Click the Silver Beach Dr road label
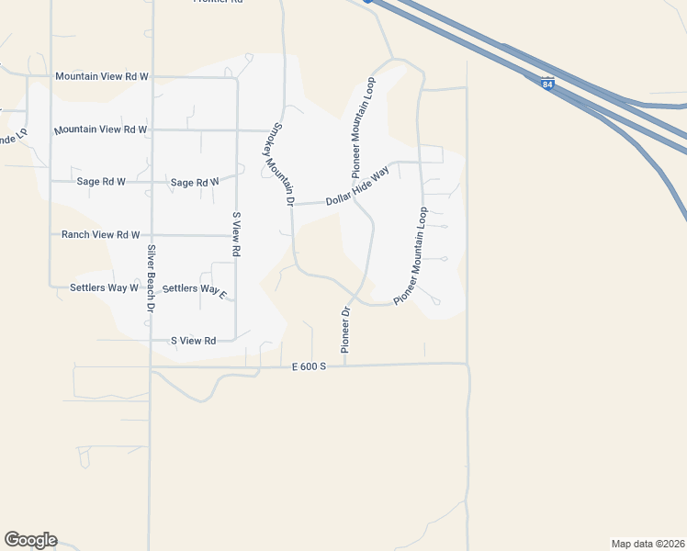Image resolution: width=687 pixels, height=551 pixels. [149, 278]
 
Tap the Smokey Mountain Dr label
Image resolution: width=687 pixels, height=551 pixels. [283, 164]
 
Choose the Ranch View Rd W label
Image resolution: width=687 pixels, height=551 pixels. [100, 235]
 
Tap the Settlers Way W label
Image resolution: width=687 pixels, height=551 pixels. [104, 287]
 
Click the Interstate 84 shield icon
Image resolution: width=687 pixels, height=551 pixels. [547, 84]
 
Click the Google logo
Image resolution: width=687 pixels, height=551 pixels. [30, 540]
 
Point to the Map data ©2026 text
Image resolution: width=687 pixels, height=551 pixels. [648, 544]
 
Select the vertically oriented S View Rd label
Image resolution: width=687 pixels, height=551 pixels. [236, 233]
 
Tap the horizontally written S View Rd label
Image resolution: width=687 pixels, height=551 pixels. [193, 341]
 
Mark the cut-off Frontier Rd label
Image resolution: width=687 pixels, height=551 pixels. [217, 2]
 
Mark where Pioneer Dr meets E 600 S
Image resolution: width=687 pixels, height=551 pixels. [344, 365]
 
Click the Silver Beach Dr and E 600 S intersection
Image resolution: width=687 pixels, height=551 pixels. [151, 367]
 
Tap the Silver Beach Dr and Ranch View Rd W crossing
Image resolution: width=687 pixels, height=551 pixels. [151, 235]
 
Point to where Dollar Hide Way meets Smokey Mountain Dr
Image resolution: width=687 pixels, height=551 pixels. [290, 204]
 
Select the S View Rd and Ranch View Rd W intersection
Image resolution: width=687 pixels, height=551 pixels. [237, 235]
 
